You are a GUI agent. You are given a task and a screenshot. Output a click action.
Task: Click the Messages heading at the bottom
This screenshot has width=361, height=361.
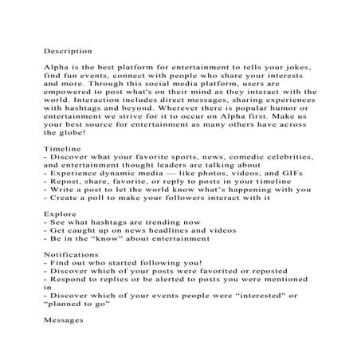64,324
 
